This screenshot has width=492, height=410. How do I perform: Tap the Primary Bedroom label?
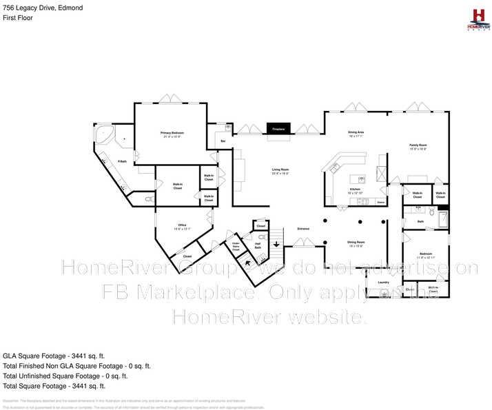tap(172, 134)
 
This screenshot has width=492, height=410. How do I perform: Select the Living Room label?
tap(279, 171)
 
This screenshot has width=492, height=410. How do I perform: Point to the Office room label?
tap(182, 227)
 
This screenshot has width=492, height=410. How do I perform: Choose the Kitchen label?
tap(355, 191)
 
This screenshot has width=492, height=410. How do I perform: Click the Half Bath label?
tap(257, 245)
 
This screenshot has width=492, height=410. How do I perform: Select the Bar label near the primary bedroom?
tap(223, 141)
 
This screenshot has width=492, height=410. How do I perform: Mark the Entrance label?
tap(303, 228)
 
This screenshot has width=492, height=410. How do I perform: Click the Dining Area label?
tap(356, 134)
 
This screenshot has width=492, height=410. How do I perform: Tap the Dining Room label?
tap(356, 243)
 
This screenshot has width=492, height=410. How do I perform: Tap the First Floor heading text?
tap(18, 17)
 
